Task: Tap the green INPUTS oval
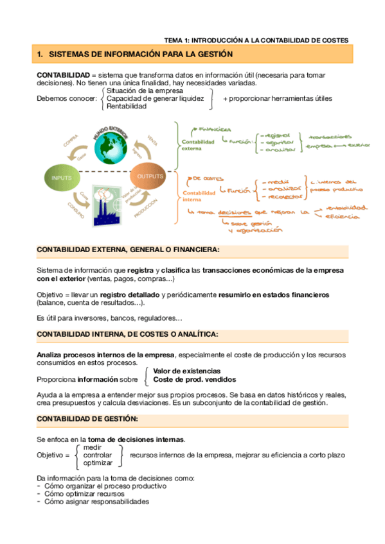(x=62, y=176)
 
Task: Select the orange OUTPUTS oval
(x=150, y=176)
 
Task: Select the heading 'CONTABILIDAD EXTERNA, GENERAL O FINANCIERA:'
(x=128, y=250)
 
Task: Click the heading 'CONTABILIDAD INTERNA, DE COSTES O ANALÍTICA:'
(x=127, y=334)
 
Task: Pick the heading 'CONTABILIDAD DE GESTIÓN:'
(x=87, y=419)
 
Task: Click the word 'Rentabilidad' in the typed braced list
(x=127, y=106)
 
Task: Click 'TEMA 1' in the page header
(x=177, y=40)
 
